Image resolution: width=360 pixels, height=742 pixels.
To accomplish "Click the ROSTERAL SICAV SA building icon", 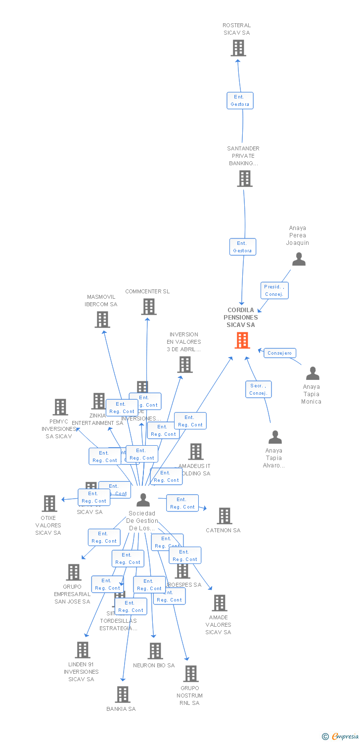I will click(x=238, y=48).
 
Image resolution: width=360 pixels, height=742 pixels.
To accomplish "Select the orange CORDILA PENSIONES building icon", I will click(x=242, y=340).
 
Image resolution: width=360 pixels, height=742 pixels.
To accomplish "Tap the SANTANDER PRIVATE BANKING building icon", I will click(x=244, y=179).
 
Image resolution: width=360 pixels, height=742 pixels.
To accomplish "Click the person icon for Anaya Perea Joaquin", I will click(x=299, y=259).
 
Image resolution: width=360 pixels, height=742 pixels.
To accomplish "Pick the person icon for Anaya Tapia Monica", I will click(x=313, y=373).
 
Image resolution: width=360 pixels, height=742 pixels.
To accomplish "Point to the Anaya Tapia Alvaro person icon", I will click(x=275, y=437).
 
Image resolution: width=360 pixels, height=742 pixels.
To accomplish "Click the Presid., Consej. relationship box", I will click(x=274, y=290).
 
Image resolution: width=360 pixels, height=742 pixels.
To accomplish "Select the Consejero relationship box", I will click(x=280, y=353).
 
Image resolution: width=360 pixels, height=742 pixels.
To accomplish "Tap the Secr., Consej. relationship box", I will click(x=258, y=389).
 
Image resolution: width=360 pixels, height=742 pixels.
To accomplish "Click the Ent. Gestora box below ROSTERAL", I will click(x=240, y=100).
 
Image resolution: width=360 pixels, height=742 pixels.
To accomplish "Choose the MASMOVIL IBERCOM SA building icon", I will click(x=102, y=320).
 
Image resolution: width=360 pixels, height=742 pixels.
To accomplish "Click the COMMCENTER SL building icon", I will click(x=149, y=307).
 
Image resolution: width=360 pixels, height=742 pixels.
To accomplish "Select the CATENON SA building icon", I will click(x=225, y=516).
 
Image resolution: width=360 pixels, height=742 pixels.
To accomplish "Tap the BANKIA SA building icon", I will click(x=123, y=695).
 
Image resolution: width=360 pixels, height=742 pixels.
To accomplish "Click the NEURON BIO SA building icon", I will click(x=155, y=651).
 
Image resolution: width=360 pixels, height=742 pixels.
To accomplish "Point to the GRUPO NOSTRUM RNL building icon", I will click(x=191, y=673).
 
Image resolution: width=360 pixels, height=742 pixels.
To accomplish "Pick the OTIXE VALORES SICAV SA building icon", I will click(x=49, y=504).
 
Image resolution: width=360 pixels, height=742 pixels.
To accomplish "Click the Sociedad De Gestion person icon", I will click(x=143, y=500).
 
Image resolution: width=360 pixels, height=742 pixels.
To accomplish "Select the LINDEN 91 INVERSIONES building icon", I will click(x=83, y=650).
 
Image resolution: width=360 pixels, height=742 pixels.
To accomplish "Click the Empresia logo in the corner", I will click(x=340, y=737).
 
